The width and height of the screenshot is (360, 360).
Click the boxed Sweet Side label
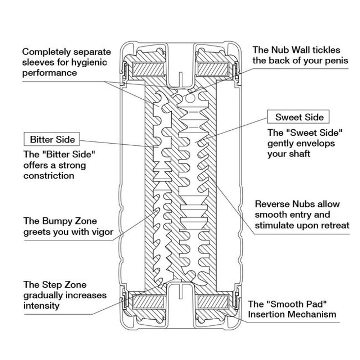299,117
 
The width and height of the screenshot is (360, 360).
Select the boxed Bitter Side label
52,139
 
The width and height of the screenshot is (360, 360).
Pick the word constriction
49,176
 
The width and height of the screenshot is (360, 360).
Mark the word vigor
102,231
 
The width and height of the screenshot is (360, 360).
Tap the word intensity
41,306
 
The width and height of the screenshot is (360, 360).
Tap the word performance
50,73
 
